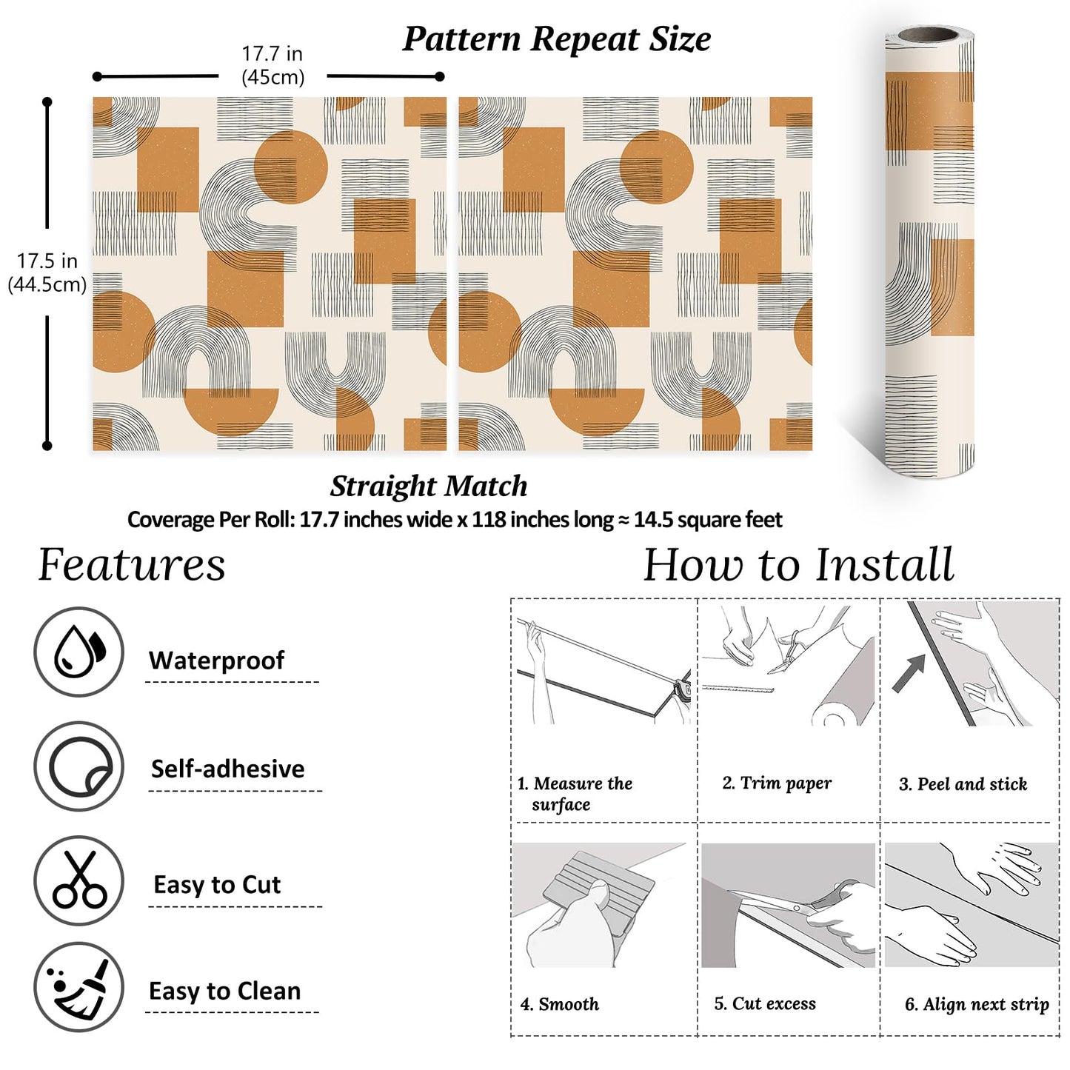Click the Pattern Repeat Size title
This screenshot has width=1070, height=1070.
tap(556, 39)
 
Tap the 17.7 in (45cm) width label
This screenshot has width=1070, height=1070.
tap(272, 65)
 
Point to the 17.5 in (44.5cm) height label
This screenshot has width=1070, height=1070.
tap(47, 272)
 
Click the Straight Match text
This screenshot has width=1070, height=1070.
tap(429, 486)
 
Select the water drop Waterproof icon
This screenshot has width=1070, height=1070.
tap(78, 652)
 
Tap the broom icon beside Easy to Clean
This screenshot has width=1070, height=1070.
tap(78, 987)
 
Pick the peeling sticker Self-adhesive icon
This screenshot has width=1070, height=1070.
tap(78, 766)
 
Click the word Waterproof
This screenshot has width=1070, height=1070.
tap(216, 661)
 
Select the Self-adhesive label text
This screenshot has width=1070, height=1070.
tap(227, 769)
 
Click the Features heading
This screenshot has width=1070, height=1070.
tap(132, 565)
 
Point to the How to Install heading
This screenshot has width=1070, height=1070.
tap(798, 565)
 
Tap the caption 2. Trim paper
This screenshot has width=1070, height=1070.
tap(777, 783)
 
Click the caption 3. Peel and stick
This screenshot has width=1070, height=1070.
tap(963, 784)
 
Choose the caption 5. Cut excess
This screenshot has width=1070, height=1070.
tap(765, 1004)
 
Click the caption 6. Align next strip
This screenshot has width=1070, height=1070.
tap(977, 1005)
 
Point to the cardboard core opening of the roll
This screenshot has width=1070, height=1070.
tap(930, 34)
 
